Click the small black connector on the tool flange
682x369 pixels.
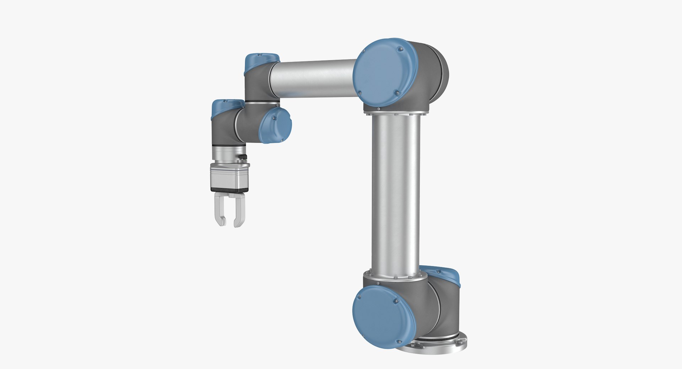tap(242, 156)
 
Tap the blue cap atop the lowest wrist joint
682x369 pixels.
tap(227, 107)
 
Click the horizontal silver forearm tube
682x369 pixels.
tap(313, 78)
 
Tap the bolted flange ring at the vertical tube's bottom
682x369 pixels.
tap(393, 276)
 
